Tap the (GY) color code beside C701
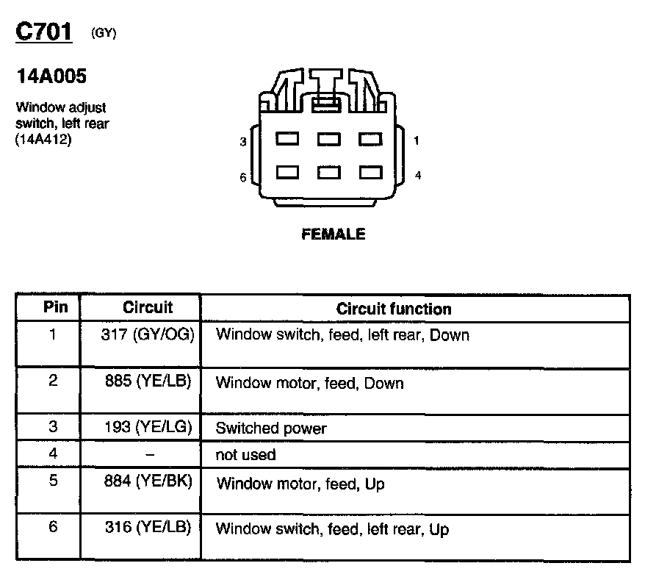click(104, 33)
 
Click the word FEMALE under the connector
click(333, 234)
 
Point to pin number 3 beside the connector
click(243, 141)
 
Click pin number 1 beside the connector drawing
click(417, 140)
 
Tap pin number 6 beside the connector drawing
click(243, 177)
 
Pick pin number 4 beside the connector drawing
click(417, 176)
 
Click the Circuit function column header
click(394, 309)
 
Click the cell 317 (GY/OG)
click(147, 334)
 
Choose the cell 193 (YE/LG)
click(148, 427)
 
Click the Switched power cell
click(271, 428)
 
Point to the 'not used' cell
click(245, 455)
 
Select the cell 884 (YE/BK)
click(148, 483)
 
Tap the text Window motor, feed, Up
click(300, 484)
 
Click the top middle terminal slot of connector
click(327, 137)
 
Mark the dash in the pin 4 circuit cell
click(150, 455)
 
